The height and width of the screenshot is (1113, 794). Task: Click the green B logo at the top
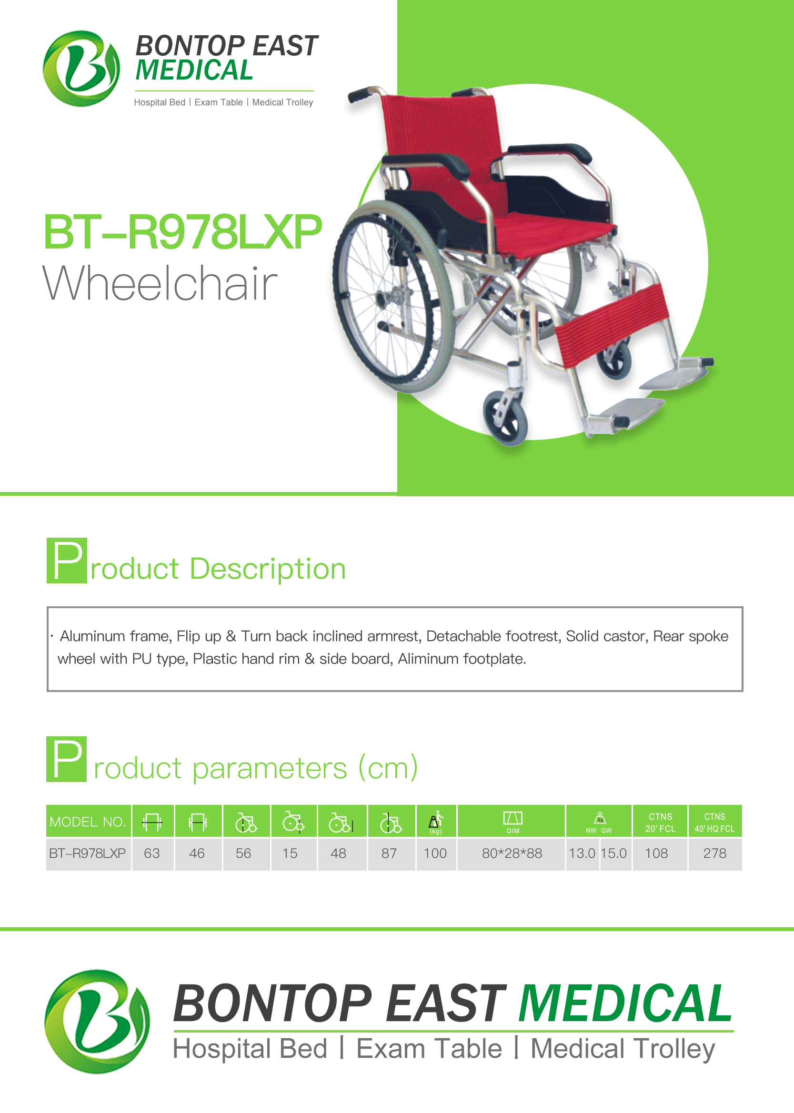coord(81,69)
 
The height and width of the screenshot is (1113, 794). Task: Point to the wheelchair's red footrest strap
coord(613,325)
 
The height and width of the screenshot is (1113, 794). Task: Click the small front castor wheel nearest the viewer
coord(506,418)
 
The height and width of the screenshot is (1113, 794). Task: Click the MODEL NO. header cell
coord(89,821)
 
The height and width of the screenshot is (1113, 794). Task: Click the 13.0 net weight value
coord(582,853)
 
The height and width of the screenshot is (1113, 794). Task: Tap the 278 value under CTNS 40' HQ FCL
coord(715,853)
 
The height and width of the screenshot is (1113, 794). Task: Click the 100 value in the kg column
coord(435,853)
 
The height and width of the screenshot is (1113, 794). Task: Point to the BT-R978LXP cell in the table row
coord(88,853)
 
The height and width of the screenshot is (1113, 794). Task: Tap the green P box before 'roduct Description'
coord(67,561)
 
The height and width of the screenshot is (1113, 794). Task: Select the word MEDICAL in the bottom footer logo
coord(625,1003)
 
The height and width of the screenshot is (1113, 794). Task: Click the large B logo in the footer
coord(97,1021)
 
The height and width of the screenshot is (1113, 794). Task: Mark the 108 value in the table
coord(656,853)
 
